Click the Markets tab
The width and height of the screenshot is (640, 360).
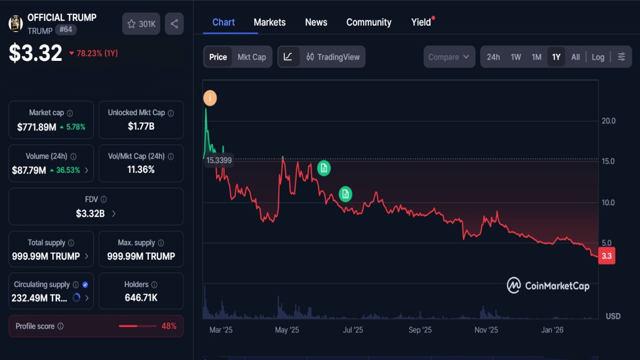click(269, 22)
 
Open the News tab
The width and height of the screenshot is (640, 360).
click(316, 22)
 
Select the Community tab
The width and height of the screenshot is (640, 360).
click(369, 22)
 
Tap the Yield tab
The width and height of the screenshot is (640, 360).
click(421, 22)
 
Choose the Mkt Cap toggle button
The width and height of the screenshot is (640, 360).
click(251, 57)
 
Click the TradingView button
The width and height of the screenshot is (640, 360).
click(333, 57)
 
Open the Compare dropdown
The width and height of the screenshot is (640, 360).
click(449, 57)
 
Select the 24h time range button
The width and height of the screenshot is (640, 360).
click(493, 57)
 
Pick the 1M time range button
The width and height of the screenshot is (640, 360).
click(536, 57)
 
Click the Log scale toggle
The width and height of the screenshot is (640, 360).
click(598, 57)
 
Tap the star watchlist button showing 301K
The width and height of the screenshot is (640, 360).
click(141, 24)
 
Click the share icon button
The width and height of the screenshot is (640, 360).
click(174, 24)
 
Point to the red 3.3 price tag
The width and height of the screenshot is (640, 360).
click(606, 257)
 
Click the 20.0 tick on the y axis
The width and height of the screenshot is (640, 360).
click(608, 121)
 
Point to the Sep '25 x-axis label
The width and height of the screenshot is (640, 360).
click(420, 330)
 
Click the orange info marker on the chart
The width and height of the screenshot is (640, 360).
click(210, 98)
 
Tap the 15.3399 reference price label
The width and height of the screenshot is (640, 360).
click(219, 161)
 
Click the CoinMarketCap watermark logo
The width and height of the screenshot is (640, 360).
click(548, 286)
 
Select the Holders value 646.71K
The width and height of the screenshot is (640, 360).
click(141, 298)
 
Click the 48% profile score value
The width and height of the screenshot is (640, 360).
click(169, 326)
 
